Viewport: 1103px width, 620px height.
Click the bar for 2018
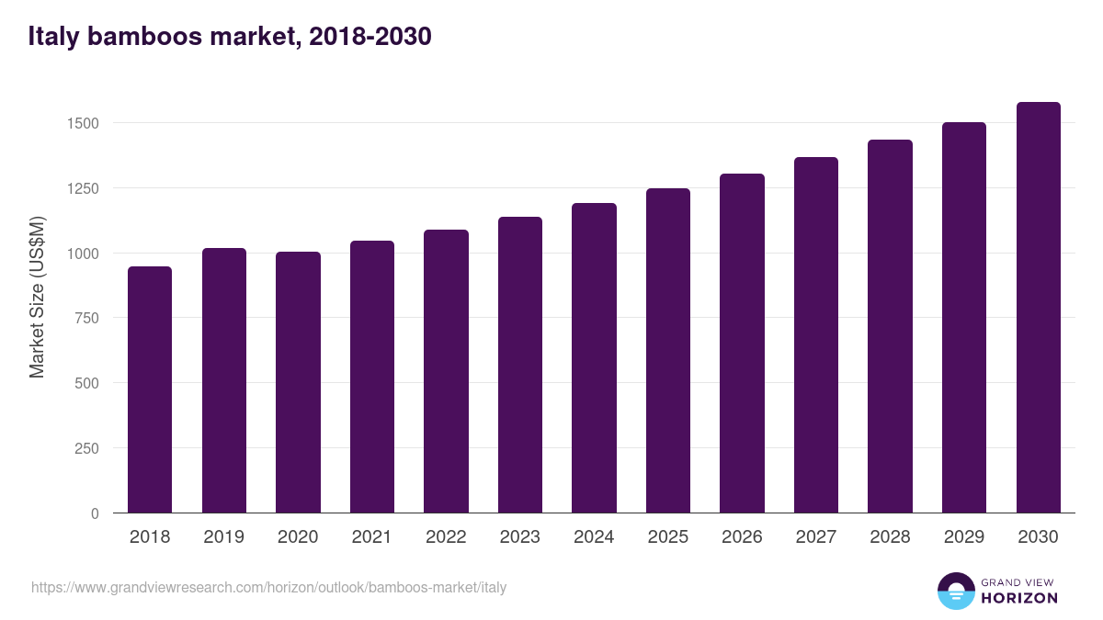(x=150, y=389)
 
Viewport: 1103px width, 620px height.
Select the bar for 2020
(x=298, y=382)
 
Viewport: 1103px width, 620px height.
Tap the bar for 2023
(x=520, y=365)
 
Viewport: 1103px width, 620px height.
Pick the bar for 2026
(x=742, y=344)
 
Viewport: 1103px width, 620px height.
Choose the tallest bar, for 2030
(x=1038, y=308)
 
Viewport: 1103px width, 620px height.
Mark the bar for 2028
(x=890, y=326)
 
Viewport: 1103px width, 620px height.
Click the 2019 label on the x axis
(x=223, y=537)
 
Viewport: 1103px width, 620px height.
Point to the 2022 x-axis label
(x=446, y=537)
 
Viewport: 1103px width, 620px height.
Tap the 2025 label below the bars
(x=667, y=537)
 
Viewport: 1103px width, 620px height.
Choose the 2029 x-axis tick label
(x=963, y=537)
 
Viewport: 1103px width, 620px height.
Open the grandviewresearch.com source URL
(x=268, y=587)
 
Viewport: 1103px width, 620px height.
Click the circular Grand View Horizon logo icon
(x=955, y=591)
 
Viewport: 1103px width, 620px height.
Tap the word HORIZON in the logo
(x=1019, y=598)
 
